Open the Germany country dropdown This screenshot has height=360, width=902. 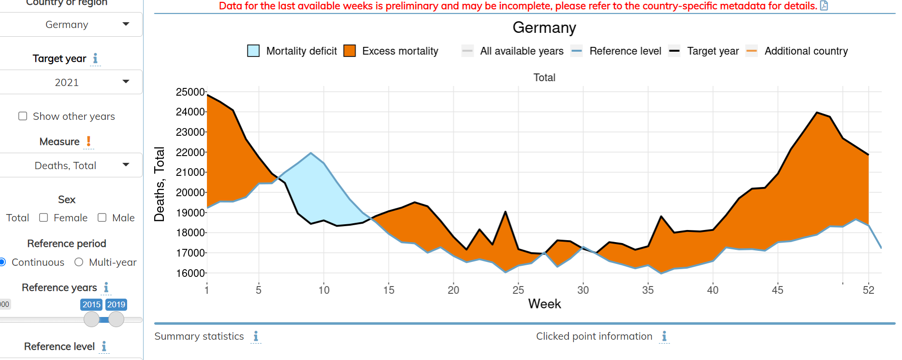[71, 25]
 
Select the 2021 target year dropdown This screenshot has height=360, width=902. [71, 82]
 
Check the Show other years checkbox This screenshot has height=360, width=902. [23, 116]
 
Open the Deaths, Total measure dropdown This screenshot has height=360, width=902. [71, 165]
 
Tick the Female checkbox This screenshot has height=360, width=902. [44, 217]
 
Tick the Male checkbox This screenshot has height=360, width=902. [102, 217]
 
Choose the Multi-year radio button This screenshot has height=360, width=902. [79, 262]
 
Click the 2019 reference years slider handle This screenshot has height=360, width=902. [116, 319]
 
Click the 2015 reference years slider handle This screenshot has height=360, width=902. [91, 319]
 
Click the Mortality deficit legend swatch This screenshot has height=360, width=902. [253, 51]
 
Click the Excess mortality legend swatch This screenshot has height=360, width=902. [349, 51]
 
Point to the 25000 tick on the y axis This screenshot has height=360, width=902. [190, 92]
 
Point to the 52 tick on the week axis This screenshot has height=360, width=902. [869, 290]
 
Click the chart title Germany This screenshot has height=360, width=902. [544, 28]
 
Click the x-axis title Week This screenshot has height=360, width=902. [544, 304]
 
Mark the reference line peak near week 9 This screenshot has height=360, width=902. [311, 153]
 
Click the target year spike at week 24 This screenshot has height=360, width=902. [505, 212]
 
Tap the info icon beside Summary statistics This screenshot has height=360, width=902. [256, 336]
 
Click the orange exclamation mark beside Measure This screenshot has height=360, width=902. [88, 141]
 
